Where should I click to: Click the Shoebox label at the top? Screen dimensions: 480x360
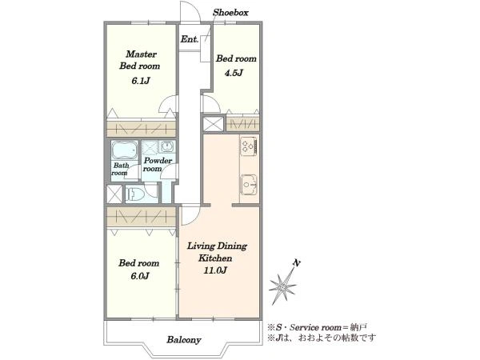pos(230,13)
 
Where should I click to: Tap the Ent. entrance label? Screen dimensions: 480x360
pos(190,39)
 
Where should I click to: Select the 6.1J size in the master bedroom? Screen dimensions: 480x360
pos(141,81)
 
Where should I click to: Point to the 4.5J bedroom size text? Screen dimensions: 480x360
pos(234,73)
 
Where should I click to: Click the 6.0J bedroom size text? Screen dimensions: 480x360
pos(140,276)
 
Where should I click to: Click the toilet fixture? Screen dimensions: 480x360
pos(134,194)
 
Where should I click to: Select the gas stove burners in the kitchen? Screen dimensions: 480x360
pos(249,146)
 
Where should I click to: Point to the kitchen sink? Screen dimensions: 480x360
pos(249,185)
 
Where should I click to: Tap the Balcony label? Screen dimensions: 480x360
pos(184,340)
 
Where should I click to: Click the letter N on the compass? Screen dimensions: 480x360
pos(296,263)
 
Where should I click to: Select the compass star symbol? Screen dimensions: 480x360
pos(282,287)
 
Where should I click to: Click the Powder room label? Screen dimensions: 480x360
pos(158,164)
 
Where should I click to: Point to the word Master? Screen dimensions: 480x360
pos(141,54)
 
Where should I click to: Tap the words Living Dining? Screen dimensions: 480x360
pos(217,246)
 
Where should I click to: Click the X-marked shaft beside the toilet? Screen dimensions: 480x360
pos(114,194)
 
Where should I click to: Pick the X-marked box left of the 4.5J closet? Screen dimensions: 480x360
pos(214,124)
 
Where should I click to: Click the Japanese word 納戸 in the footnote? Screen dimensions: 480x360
pos(358,327)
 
